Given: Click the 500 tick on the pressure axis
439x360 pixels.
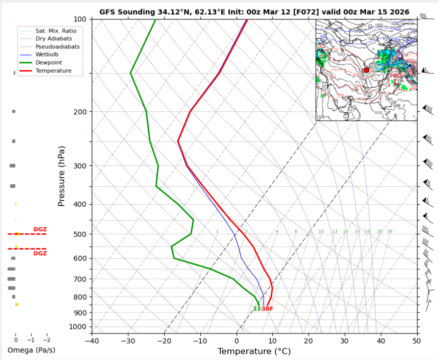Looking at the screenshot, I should pyautogui.click(x=80, y=234).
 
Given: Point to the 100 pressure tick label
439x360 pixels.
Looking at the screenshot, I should pyautogui.click(x=80, y=19).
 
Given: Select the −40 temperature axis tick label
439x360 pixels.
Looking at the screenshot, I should pyautogui.click(x=91, y=341).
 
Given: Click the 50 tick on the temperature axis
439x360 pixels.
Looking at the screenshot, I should pyautogui.click(x=417, y=341).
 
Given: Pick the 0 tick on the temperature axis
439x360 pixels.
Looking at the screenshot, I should pyautogui.click(x=237, y=341).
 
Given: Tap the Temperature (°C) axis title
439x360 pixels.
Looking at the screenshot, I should pyautogui.click(x=254, y=352).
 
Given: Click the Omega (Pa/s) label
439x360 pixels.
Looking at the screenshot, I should pyautogui.click(x=31, y=350).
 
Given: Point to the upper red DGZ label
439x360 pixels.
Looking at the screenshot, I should pyautogui.click(x=40, y=229).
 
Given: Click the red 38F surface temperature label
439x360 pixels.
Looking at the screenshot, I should pyautogui.click(x=268, y=309).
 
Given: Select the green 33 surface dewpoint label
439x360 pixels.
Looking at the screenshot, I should pyautogui.click(x=257, y=309).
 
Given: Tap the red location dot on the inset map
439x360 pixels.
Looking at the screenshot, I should pyautogui.click(x=367, y=70).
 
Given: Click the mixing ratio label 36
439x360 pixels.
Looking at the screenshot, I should pyautogui.click(x=390, y=232).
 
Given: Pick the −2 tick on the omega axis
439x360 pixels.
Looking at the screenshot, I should pyautogui.click(x=47, y=340).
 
